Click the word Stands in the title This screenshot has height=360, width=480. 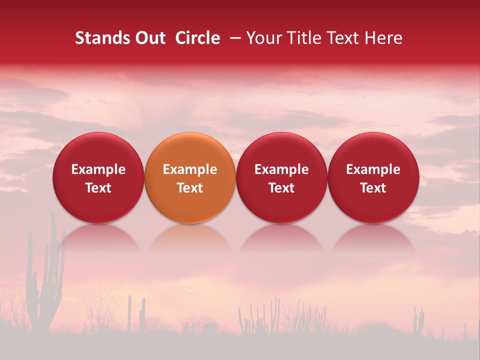pyautogui.click(x=101, y=38)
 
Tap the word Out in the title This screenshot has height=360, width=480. pyautogui.click(x=149, y=38)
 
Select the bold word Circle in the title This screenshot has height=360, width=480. pyautogui.click(x=197, y=38)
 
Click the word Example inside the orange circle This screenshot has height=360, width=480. pyautogui.click(x=190, y=169)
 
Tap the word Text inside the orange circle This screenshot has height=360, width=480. pyautogui.click(x=190, y=188)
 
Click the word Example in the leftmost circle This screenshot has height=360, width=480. pyautogui.click(x=98, y=169)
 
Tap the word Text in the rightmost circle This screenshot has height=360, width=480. pyautogui.click(x=373, y=188)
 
